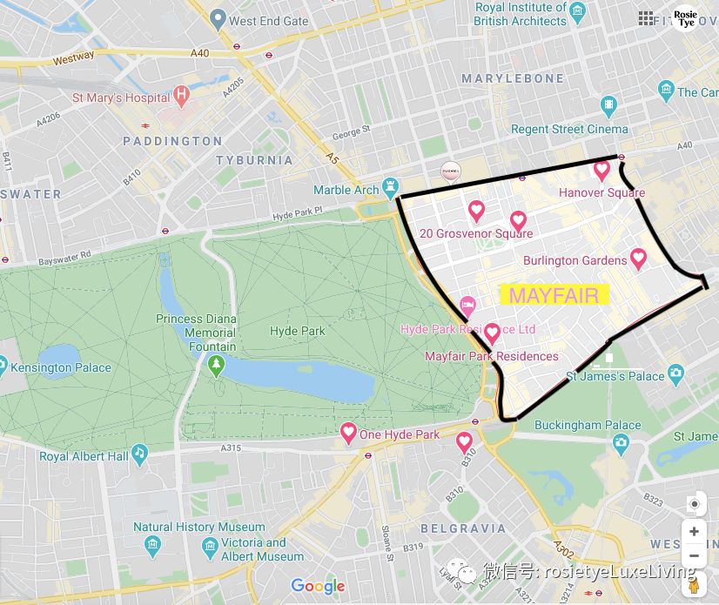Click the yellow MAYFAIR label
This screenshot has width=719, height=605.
coord(554,295)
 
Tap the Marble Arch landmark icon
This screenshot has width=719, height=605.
coord(391,189)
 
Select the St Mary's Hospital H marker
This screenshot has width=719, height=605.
coord(181,96)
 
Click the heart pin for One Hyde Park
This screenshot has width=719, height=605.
coord(348,433)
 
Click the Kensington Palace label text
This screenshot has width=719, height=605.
coord(61,367)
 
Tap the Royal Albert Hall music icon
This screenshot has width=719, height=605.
coord(139,454)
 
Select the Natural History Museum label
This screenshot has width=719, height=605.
coord(198,527)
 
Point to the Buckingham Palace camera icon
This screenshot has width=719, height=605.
coord(621,443)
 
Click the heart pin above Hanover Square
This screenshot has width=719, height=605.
coord(601,171)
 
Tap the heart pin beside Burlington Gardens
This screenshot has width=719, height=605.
coord(638,259)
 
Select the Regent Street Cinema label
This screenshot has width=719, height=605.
coord(569,129)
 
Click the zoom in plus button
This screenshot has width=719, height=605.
coord(694,531)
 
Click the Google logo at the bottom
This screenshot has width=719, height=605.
coord(318,587)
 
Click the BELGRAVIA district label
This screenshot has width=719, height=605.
coord(463,528)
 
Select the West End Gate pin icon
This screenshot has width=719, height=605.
coord(218,19)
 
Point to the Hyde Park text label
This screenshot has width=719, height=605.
coord(298,331)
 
